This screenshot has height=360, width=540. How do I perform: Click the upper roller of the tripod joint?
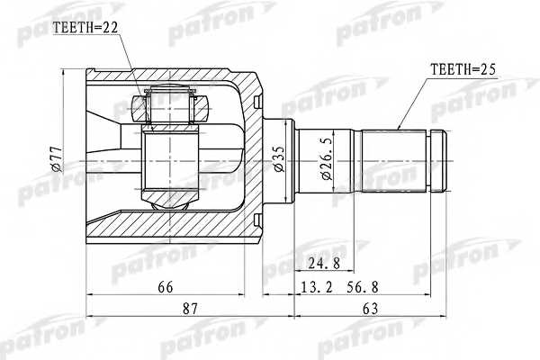coord(171,106)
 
